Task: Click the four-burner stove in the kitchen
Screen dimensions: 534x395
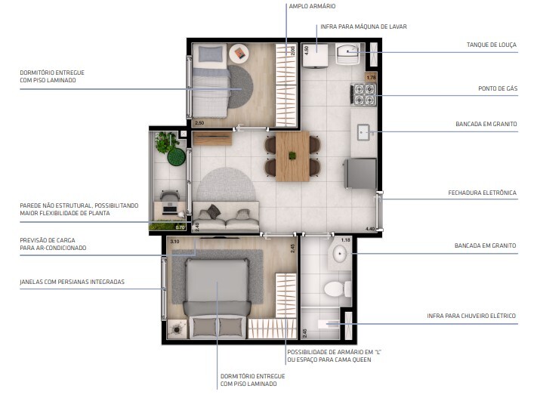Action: coord(364,94)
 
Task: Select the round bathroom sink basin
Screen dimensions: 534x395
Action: coord(340,253)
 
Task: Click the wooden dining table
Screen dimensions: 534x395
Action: coord(292,156)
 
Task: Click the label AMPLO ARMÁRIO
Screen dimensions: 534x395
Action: coord(312,6)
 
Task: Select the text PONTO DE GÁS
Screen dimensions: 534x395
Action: coord(498,88)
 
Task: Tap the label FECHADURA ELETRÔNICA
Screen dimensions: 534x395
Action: coord(482,193)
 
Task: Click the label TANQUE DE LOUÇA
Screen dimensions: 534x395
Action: coord(492,45)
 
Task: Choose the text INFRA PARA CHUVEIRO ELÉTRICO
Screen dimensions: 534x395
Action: coord(471,316)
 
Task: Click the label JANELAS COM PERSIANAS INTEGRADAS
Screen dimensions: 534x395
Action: coord(73,282)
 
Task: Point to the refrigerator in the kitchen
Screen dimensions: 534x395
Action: coord(361,173)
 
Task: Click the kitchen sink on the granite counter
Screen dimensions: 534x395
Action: coord(364,132)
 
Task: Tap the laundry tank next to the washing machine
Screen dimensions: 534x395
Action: coord(347,54)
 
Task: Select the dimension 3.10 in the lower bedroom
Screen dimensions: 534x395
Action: coord(174,242)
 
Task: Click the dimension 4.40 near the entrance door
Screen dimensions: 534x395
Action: coord(370,229)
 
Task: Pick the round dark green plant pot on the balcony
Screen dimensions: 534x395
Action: coord(176,157)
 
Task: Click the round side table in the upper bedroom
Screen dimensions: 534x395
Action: coord(239,53)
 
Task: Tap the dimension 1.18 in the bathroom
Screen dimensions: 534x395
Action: coord(346,240)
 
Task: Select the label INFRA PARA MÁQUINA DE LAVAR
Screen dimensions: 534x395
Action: coord(364,26)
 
